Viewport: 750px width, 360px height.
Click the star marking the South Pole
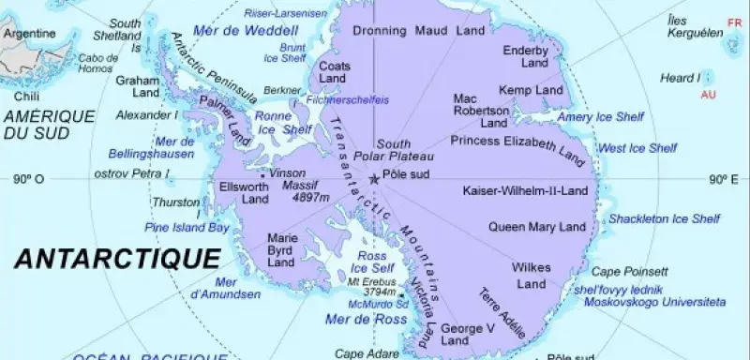(x=375, y=178)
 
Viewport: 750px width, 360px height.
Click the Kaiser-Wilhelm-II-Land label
(x=525, y=191)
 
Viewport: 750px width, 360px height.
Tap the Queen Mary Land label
(x=532, y=225)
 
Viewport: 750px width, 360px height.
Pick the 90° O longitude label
(x=30, y=179)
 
